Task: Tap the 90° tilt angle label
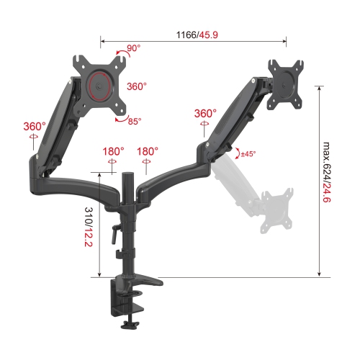point(134,50)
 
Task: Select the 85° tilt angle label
point(135,122)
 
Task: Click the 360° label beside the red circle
point(136,86)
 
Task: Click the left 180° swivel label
point(113,152)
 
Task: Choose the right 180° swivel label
point(147,152)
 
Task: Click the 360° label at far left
point(34,127)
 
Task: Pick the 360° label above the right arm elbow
point(205,114)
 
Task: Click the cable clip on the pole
point(118,255)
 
